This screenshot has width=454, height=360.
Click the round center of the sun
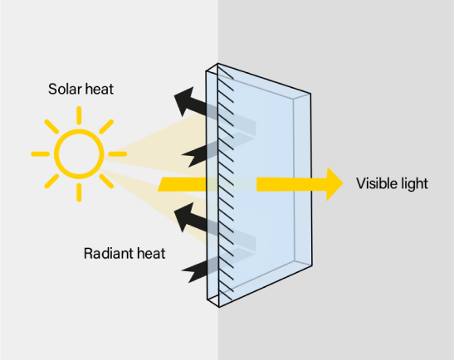79,153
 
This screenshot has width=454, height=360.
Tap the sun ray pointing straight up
79,115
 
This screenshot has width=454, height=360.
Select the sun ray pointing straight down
79,192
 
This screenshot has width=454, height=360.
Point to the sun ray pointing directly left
40,154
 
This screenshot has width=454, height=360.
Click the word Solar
64,87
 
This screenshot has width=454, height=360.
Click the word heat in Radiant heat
149,252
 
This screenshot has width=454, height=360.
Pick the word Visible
377,183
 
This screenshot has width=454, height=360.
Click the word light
414,183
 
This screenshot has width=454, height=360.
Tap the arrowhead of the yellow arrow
332,183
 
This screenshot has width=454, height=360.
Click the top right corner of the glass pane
312,94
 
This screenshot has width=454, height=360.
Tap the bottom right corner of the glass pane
313,268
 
